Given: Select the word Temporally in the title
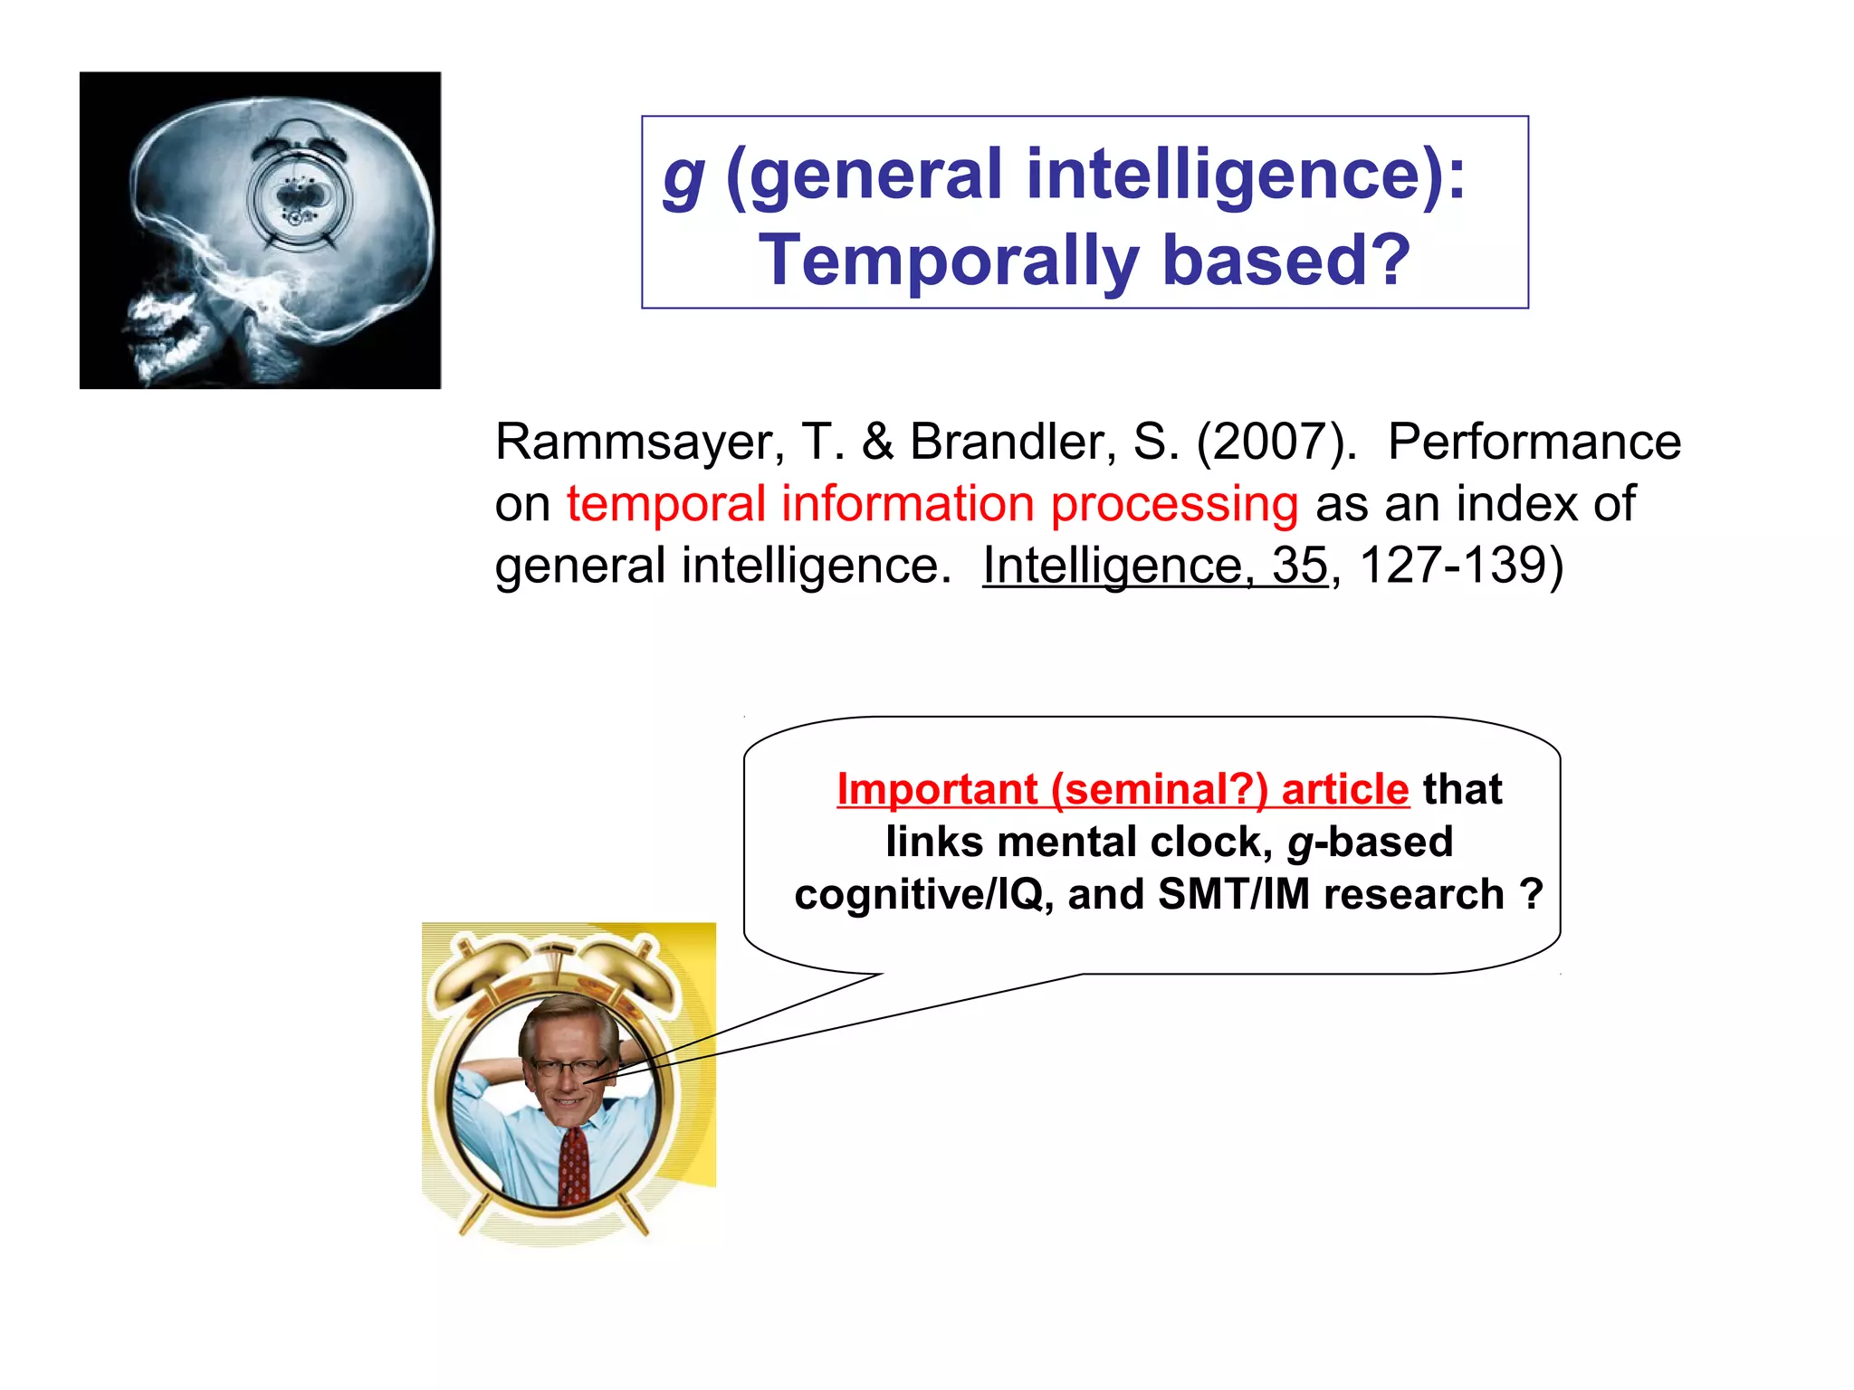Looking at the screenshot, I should click(x=947, y=261).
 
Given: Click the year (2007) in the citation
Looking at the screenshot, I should click(x=1276, y=443).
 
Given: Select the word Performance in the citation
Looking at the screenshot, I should click(x=1534, y=443).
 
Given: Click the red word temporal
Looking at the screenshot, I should click(x=665, y=504).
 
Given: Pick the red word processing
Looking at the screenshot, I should click(x=1174, y=504).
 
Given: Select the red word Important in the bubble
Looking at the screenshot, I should click(x=936, y=789).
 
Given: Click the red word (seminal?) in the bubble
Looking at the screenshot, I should click(x=1159, y=789).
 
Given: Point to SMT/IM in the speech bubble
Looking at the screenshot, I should click(x=1233, y=895).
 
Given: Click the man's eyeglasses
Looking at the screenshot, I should click(x=569, y=1067).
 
